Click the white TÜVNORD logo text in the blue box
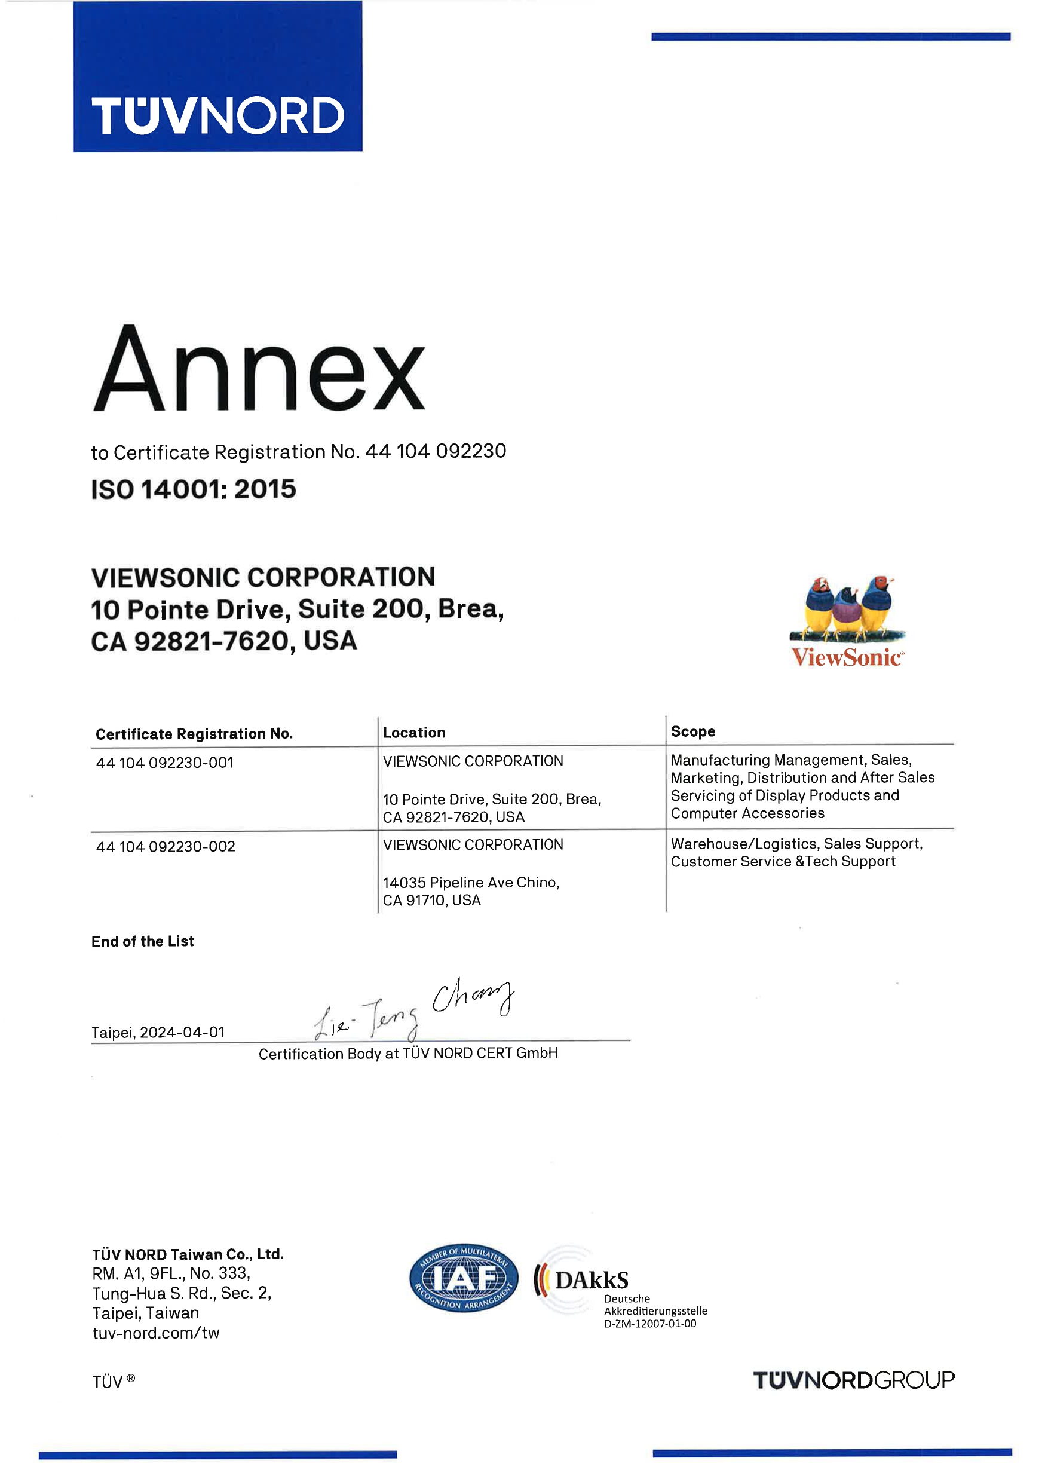(217, 116)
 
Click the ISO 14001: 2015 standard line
(194, 489)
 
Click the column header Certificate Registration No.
(194, 734)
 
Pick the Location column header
(413, 733)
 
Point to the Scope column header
(692, 731)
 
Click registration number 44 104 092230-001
(164, 763)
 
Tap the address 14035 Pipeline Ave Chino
(470, 883)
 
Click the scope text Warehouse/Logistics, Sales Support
(796, 844)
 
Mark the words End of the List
(143, 941)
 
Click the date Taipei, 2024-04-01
(158, 1032)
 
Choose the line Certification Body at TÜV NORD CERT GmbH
(408, 1054)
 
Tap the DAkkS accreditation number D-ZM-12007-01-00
(650, 1323)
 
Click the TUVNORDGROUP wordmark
(853, 1380)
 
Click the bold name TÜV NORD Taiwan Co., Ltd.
(188, 1254)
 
